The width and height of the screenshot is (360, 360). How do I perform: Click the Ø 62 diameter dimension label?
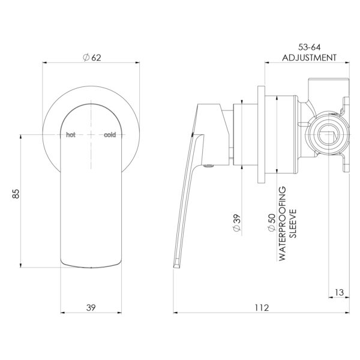[x=92, y=58]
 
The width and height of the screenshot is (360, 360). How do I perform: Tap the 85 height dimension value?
[x=16, y=194]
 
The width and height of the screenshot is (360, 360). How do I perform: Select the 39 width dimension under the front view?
[x=91, y=307]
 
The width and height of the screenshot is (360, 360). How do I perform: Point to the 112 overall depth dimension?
[x=262, y=307]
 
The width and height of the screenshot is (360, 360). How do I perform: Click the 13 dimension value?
[x=339, y=293]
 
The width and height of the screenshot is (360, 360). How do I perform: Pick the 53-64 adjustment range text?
[x=309, y=47]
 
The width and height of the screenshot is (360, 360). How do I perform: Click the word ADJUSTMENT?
[x=309, y=58]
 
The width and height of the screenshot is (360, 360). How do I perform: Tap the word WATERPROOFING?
[x=283, y=223]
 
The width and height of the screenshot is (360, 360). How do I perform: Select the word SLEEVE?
[x=293, y=223]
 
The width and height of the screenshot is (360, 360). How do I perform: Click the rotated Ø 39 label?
[x=237, y=223]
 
